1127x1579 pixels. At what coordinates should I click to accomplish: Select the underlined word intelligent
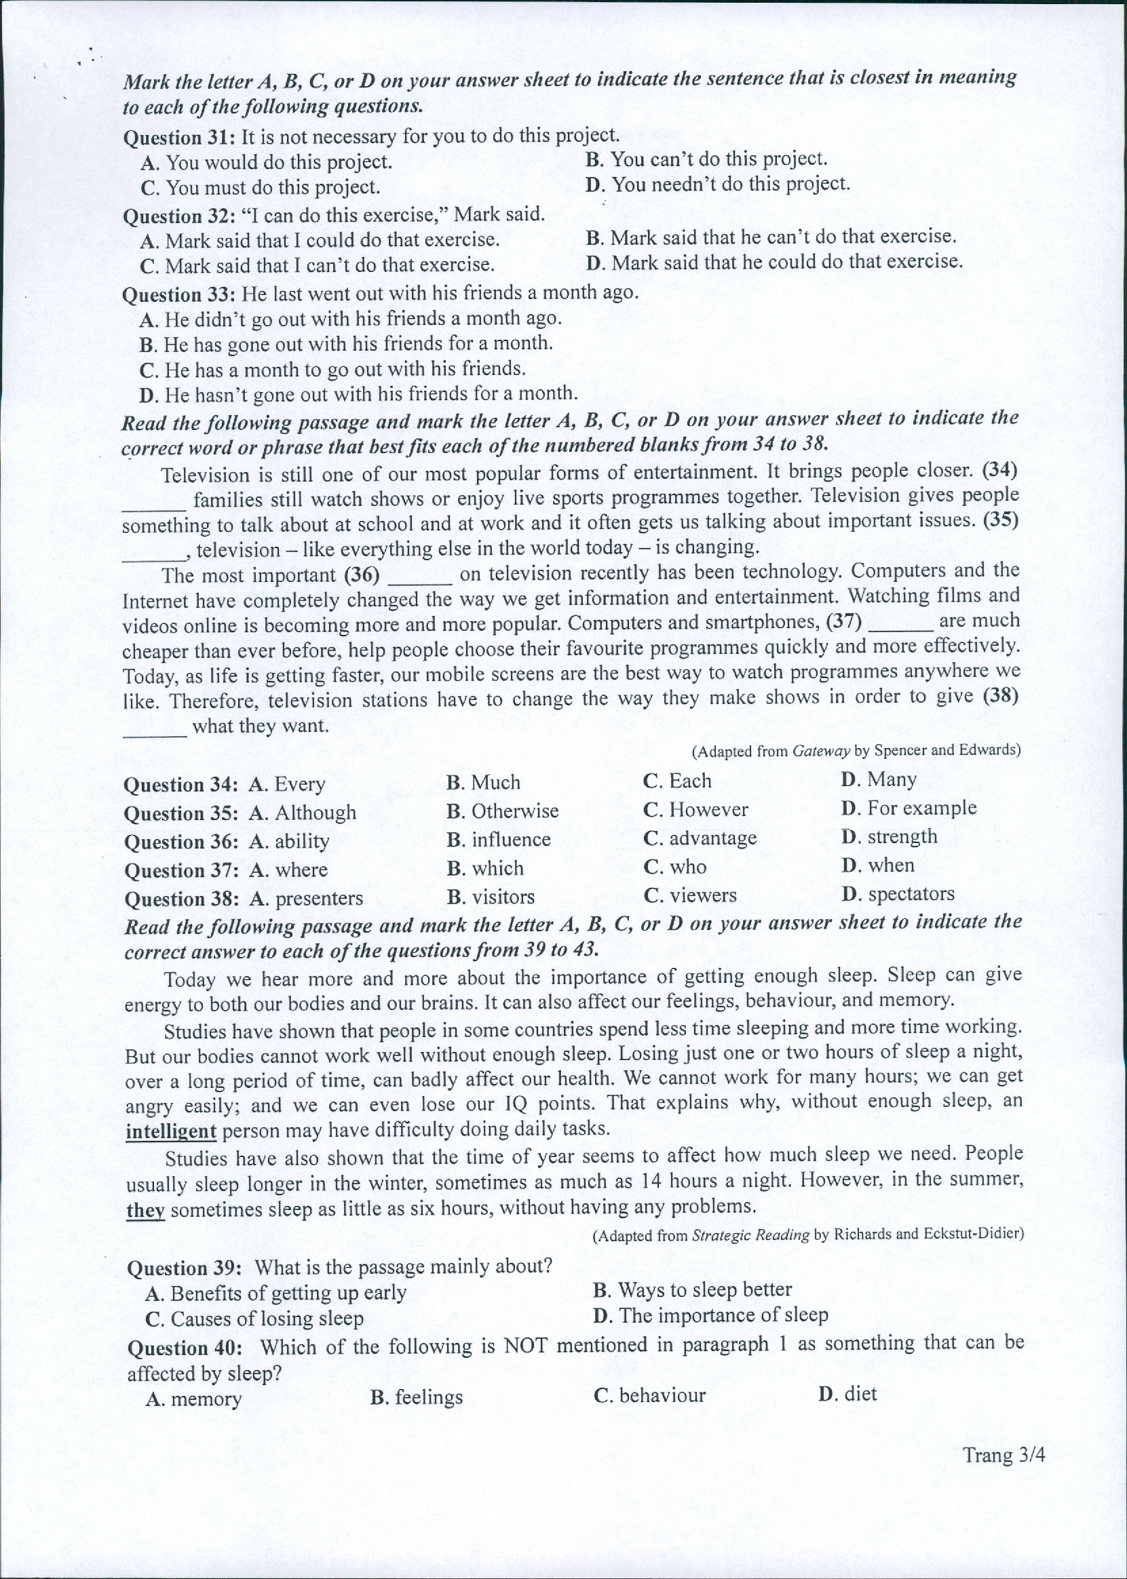171,1131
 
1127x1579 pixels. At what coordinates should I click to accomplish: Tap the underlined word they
145,1210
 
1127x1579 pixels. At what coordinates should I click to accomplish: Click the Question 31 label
179,138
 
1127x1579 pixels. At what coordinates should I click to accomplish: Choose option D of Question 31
718,184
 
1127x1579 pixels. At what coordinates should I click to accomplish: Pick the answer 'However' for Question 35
695,810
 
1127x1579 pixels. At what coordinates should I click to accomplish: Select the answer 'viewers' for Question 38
690,895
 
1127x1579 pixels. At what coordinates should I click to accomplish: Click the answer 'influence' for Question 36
498,840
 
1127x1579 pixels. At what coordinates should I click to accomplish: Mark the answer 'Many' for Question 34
879,779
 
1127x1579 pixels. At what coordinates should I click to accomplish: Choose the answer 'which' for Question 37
485,868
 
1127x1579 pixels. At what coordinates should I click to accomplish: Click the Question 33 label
179,295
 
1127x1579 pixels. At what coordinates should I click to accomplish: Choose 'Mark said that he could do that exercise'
773,262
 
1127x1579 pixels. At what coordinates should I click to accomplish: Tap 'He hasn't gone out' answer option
358,394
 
